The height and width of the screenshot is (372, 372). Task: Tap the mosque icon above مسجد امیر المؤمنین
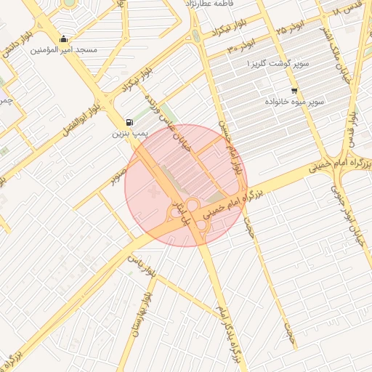click(64, 39)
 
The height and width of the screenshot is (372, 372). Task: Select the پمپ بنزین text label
click(130, 134)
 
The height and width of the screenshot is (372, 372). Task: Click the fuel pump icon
click(129, 122)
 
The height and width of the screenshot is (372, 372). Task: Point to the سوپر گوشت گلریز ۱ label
click(278, 65)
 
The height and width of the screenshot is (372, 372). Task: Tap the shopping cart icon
click(294, 91)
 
